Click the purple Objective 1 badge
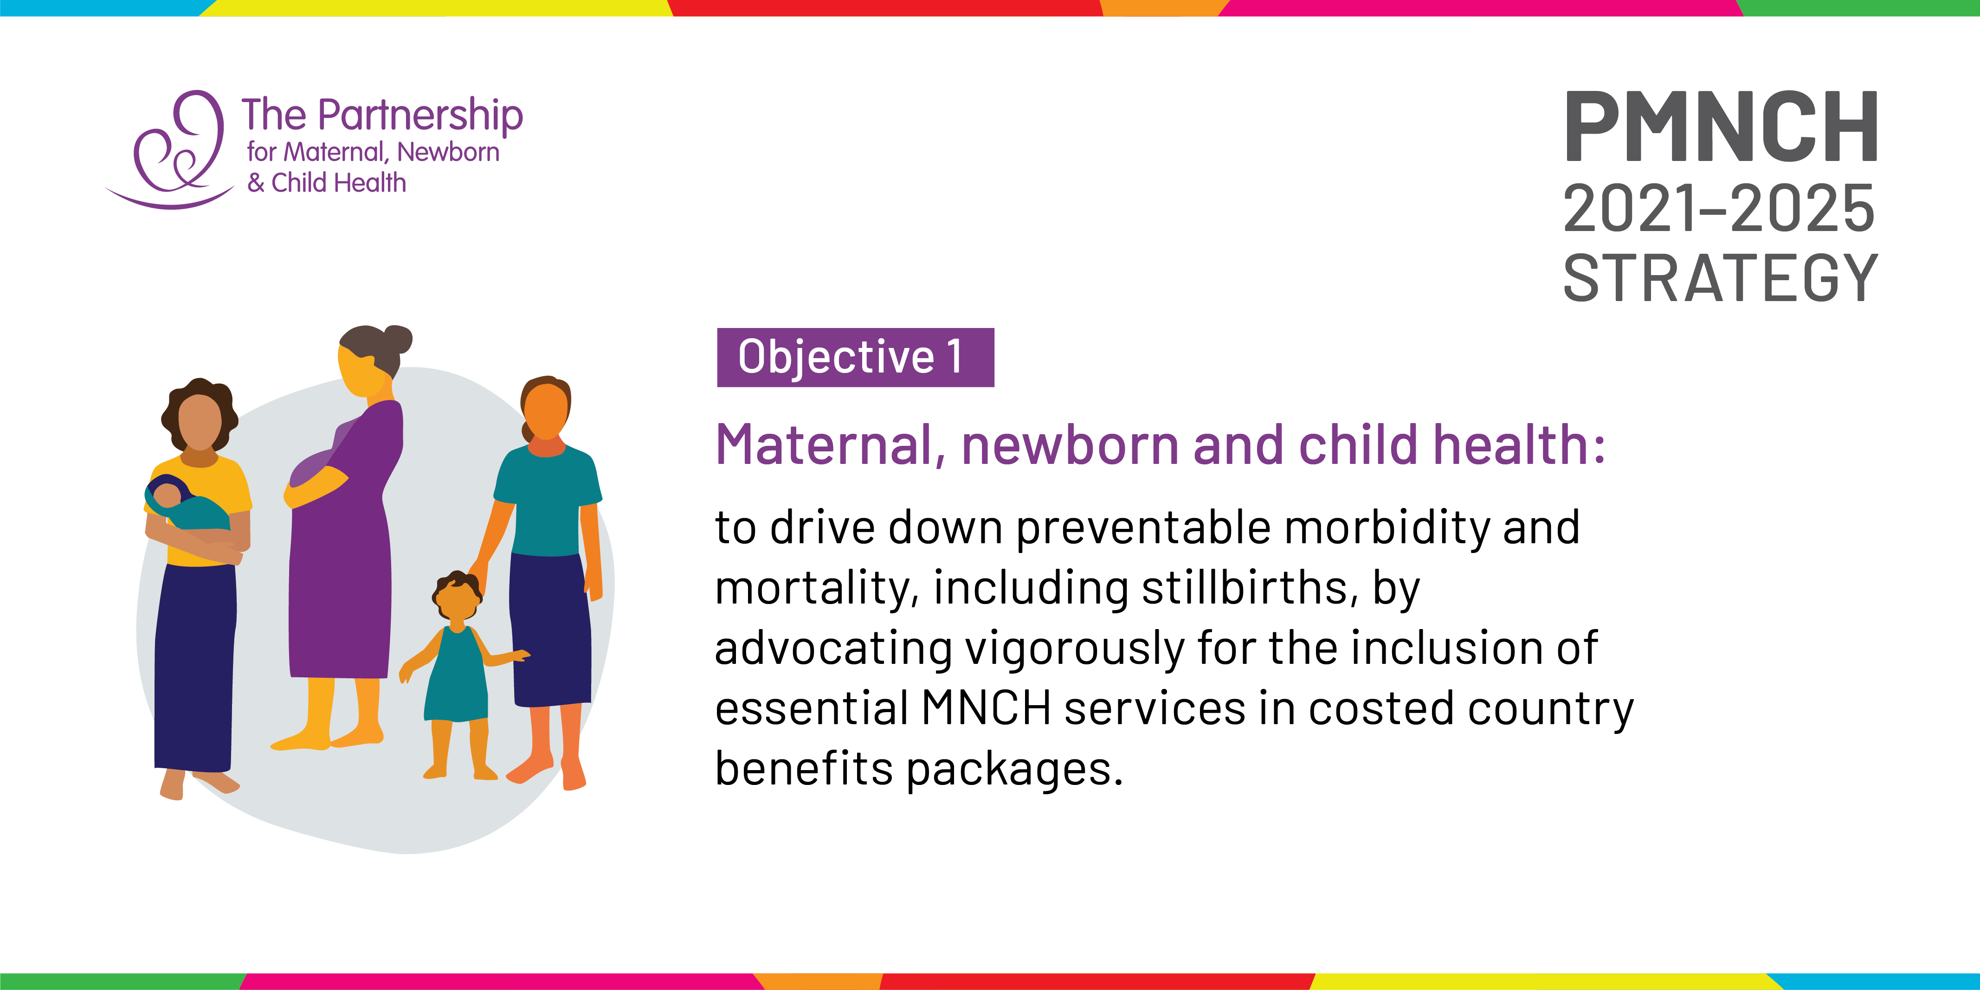click(856, 357)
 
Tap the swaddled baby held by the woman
click(185, 503)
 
